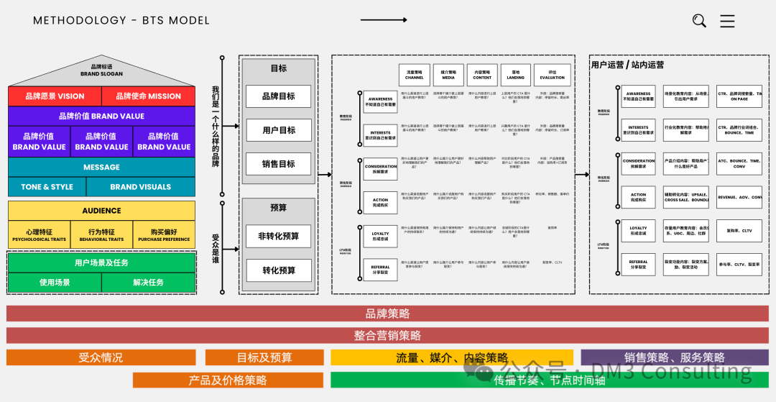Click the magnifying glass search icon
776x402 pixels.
[699, 21]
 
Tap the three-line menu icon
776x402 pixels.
[727, 21]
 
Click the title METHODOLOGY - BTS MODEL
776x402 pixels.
[121, 20]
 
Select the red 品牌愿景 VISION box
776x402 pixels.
[55, 96]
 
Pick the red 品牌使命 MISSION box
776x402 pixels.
[149, 96]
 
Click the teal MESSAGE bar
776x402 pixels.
[101, 167]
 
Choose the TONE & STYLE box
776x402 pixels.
[47, 187]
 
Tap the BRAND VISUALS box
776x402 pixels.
[141, 187]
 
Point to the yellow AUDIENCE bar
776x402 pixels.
[101, 211]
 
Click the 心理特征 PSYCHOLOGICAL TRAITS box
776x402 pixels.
[39, 235]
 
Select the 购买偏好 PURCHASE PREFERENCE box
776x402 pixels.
[164, 235]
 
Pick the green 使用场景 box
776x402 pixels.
[55, 283]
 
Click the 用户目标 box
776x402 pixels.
[278, 130]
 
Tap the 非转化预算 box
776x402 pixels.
[278, 236]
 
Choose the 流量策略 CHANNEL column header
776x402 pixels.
[415, 75]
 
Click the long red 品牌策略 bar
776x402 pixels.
[387, 314]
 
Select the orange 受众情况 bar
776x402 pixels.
[101, 357]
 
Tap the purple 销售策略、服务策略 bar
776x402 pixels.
[674, 357]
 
